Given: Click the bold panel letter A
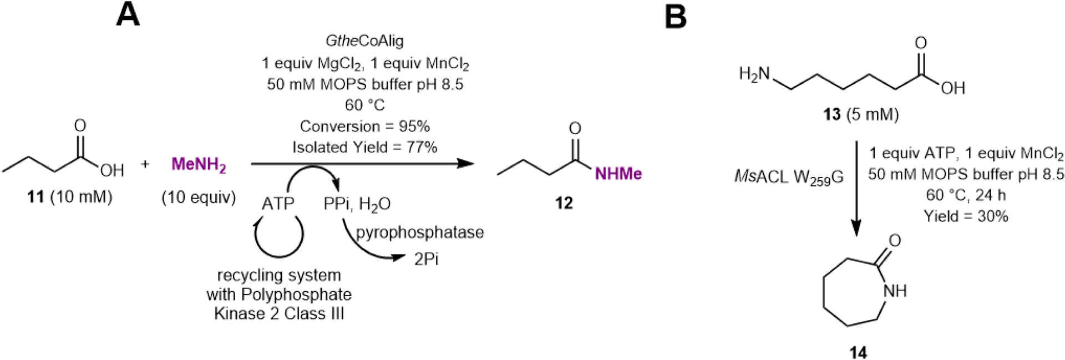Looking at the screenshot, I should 128,15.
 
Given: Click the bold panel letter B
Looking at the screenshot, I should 675,16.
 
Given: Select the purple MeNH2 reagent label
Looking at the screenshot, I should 199,165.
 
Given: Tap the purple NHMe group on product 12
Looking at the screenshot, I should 618,174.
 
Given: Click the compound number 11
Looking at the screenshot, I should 35,197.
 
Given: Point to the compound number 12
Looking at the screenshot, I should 564,203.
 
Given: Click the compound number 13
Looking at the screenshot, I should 832,114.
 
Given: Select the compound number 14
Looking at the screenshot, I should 858,352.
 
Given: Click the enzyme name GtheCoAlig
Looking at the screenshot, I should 365,40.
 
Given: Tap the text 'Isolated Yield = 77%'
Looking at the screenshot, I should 365,147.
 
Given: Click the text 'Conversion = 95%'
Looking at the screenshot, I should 365,126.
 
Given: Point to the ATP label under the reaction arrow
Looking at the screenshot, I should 277,204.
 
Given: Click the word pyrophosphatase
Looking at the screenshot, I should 420,232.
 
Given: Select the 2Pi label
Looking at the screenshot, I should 426,259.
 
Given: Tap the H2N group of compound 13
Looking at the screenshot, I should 754,73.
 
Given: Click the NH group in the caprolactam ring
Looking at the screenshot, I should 895,291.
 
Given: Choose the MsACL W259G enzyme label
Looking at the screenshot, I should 788,177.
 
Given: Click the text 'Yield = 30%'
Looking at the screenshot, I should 966,216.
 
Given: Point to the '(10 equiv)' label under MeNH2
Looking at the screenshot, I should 199,197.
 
